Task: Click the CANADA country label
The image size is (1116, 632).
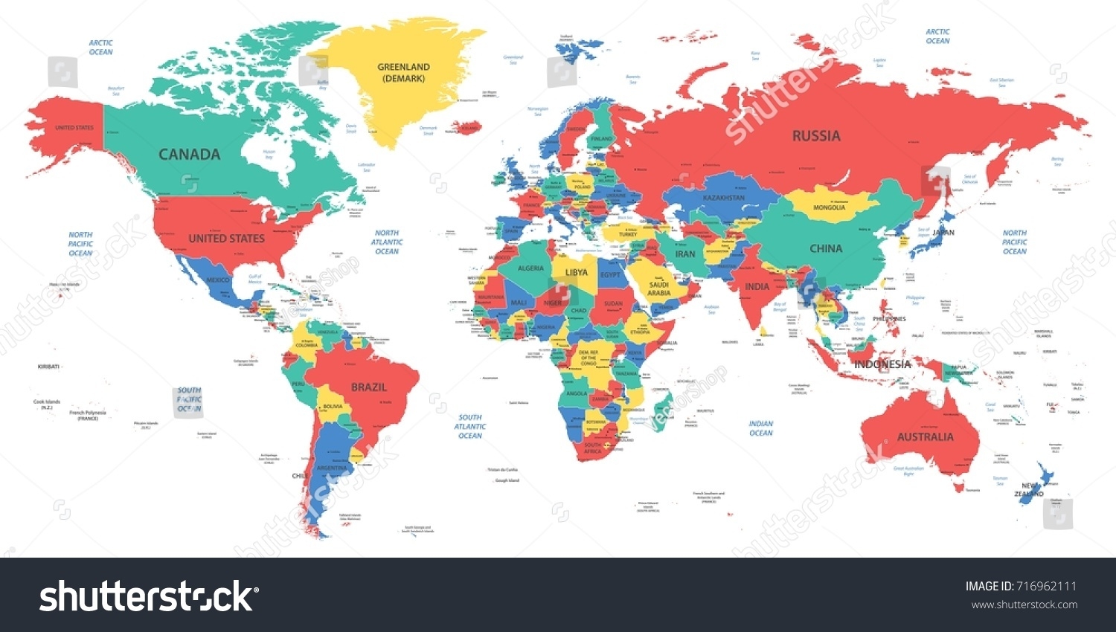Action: (x=189, y=155)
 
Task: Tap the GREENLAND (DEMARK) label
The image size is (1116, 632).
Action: (x=403, y=72)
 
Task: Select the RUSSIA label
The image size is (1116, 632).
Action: (x=816, y=136)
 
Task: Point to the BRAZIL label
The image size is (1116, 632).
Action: (x=369, y=387)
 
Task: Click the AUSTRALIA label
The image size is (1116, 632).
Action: (x=925, y=437)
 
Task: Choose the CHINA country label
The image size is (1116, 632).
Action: (x=826, y=249)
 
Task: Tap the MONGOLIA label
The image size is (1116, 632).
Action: (x=829, y=207)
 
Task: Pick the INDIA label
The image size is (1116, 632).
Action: (x=757, y=287)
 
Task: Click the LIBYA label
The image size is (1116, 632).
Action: (x=576, y=273)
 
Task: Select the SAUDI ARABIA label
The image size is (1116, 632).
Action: (x=659, y=288)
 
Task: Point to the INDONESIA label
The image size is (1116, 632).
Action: (x=882, y=364)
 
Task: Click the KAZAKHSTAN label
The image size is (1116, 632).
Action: (x=723, y=198)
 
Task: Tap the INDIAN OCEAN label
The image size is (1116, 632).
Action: (x=760, y=428)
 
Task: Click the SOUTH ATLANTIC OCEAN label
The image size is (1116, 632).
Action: (x=470, y=427)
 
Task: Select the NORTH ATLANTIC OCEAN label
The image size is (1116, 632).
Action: (x=387, y=242)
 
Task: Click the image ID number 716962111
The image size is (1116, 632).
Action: (x=1045, y=587)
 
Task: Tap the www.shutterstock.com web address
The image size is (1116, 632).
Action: (x=1024, y=604)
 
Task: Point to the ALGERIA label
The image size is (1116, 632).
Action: (x=530, y=268)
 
